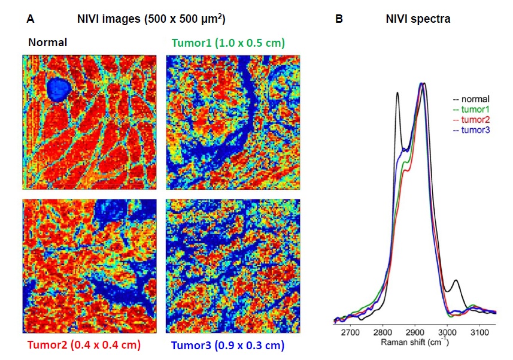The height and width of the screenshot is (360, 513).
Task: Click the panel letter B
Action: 339,19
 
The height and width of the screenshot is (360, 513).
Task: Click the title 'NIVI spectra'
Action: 418,19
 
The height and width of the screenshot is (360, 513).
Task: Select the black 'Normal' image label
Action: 45,43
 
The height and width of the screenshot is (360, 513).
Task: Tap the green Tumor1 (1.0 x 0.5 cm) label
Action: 227,43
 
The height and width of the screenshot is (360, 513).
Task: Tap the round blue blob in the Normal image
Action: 59,89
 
